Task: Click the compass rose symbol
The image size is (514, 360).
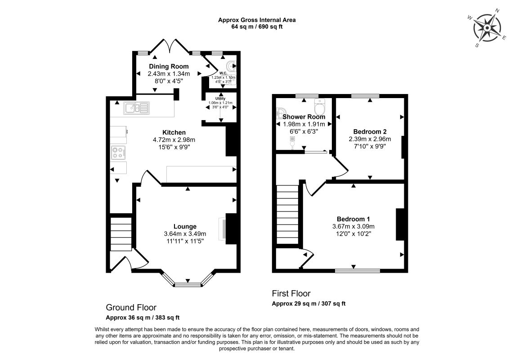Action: coord(487,28)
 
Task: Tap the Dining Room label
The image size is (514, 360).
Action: coord(169,66)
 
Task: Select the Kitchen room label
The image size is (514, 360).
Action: coord(174,132)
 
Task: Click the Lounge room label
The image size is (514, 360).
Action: coord(185,226)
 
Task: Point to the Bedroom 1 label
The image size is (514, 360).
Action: coord(353,219)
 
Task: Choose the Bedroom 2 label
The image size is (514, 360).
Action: coord(370,131)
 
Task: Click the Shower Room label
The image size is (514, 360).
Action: coord(304,117)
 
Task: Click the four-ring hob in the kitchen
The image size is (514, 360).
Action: coord(118,152)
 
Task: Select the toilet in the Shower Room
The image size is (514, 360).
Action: coord(319,105)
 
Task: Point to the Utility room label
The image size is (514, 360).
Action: coord(220,99)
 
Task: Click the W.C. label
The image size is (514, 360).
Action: coord(223,73)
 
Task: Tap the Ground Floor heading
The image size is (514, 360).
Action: coord(131,307)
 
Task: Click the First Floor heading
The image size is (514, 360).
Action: coord(291,293)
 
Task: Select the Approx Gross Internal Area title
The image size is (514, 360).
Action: coord(257,20)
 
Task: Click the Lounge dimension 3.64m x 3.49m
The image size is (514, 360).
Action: coord(185,234)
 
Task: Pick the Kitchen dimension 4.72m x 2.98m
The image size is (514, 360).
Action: coord(174,140)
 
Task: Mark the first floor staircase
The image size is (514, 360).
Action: coord(288,215)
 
